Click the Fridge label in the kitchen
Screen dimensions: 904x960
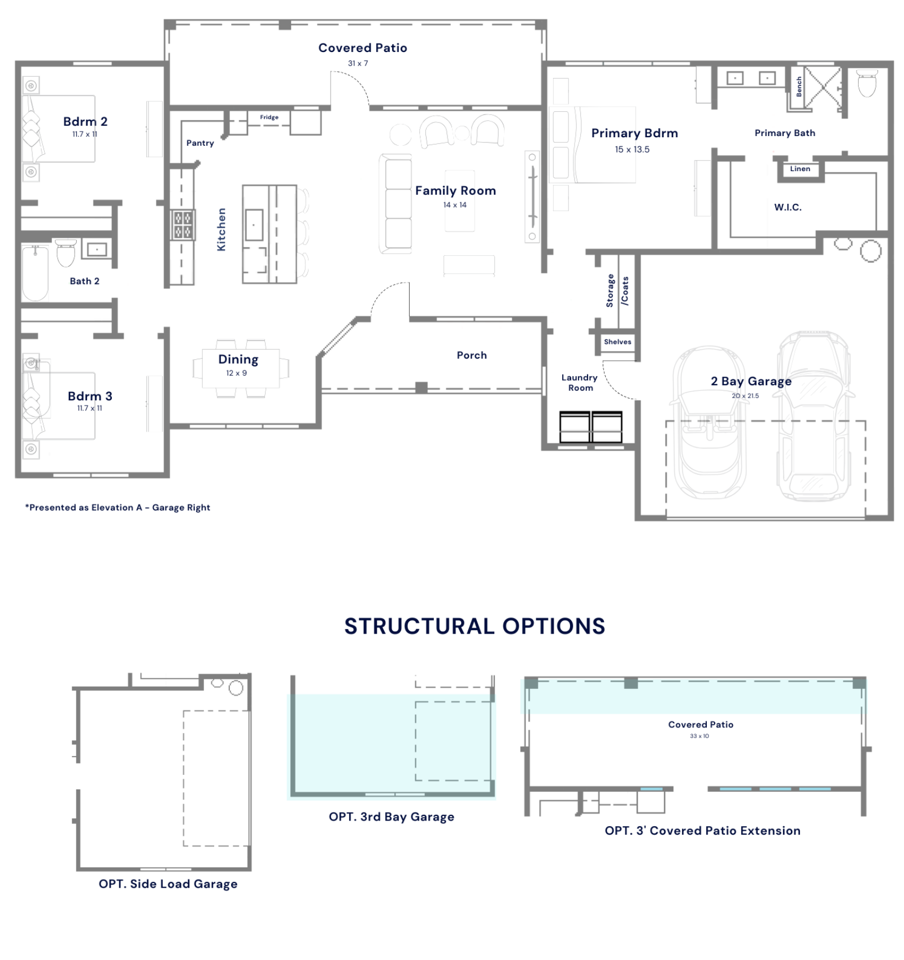(269, 117)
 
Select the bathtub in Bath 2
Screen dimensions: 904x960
(35, 273)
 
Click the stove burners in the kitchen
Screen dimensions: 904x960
(182, 224)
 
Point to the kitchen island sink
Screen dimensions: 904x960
(254, 224)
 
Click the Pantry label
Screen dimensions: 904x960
(200, 143)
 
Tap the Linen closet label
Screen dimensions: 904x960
(800, 168)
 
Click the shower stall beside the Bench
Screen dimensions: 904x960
(823, 87)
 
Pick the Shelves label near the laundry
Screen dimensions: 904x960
(618, 342)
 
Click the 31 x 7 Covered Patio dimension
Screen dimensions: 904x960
(358, 63)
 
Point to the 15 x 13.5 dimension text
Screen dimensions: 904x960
(632, 149)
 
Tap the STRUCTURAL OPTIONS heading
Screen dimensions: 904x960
(475, 626)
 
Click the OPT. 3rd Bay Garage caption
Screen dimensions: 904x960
(392, 817)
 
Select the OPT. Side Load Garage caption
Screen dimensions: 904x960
(168, 884)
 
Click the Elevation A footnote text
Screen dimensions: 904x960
(118, 507)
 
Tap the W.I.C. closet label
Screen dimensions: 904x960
(788, 207)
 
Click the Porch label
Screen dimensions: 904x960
(472, 355)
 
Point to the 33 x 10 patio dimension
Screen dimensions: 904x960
(699, 736)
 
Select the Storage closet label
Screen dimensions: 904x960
(610, 290)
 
